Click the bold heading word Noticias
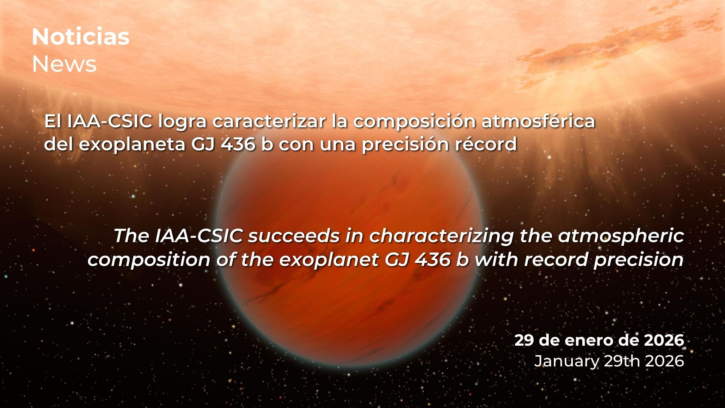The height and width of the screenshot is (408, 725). click(x=81, y=37)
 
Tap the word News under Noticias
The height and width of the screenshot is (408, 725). click(x=64, y=64)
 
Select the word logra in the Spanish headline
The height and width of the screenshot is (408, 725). click(x=182, y=122)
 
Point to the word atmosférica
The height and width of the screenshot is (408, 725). click(x=538, y=121)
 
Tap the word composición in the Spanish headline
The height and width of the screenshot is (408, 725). click(x=414, y=122)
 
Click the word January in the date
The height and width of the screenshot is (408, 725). click(x=566, y=362)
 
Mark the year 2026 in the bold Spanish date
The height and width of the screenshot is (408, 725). click(x=664, y=340)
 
